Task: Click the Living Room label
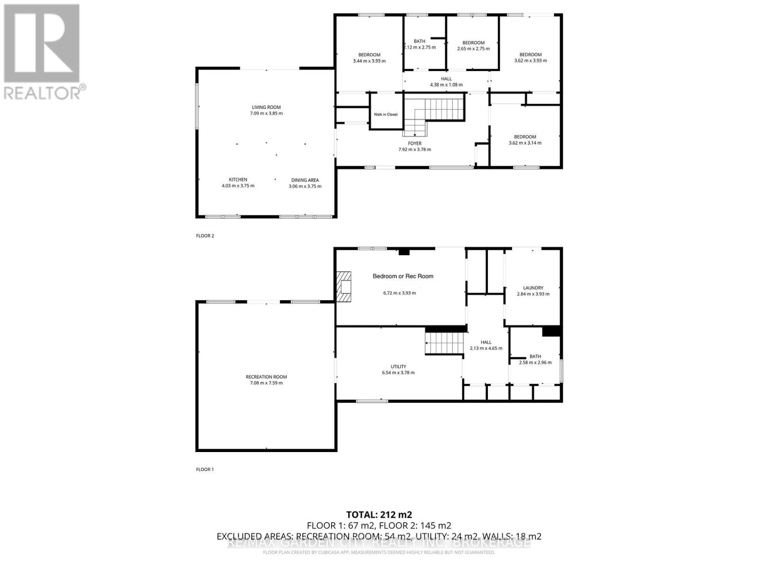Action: pos(266,107)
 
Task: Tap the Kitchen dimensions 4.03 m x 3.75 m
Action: pos(238,186)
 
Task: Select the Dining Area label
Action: pos(305,180)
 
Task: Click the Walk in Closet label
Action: pos(386,115)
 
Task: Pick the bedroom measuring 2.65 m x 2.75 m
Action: pos(473,46)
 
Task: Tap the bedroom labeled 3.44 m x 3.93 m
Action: pos(369,58)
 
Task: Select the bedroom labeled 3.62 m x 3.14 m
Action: pos(525,140)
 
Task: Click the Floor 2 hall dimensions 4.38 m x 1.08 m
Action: pos(446,85)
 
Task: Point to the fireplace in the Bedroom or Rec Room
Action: pos(344,286)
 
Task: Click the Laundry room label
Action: pos(533,288)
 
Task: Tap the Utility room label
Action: pos(398,366)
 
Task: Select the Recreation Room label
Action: pos(266,377)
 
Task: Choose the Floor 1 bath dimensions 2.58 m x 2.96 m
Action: pos(535,363)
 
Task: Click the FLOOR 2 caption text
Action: pos(205,236)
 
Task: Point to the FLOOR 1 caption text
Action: pos(205,470)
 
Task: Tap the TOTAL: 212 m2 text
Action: pos(379,515)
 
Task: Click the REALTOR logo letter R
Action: pos(42,44)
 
